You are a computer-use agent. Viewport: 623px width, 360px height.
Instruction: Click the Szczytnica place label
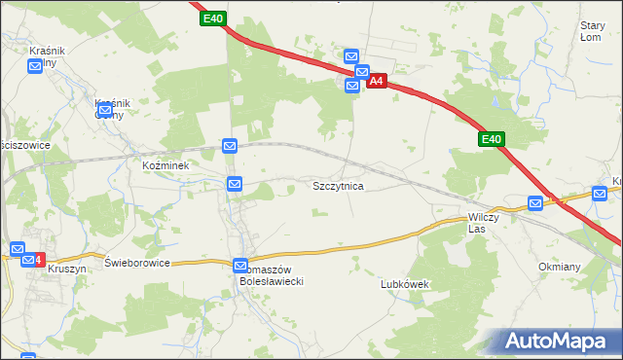click(338, 185)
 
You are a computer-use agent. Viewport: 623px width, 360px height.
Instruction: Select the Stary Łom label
click(592, 31)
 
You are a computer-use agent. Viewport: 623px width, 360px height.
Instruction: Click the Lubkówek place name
click(404, 284)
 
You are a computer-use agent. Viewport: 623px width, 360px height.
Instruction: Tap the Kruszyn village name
click(66, 269)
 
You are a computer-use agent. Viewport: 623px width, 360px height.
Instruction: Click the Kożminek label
click(171, 165)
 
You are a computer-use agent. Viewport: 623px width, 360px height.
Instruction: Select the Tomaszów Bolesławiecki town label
click(274, 275)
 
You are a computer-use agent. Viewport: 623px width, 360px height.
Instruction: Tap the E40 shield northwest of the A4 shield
click(214, 18)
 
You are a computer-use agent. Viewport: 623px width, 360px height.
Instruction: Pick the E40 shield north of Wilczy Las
click(491, 140)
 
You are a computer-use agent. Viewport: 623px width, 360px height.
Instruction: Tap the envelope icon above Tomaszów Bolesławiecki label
click(241, 265)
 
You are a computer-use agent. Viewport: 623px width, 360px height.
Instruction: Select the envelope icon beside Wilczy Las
click(535, 202)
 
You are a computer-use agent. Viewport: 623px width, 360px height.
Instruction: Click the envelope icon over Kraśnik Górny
click(104, 110)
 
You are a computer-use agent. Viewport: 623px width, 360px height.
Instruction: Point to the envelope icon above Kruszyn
click(18, 249)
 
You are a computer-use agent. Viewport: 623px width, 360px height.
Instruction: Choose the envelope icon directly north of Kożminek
click(230, 146)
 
